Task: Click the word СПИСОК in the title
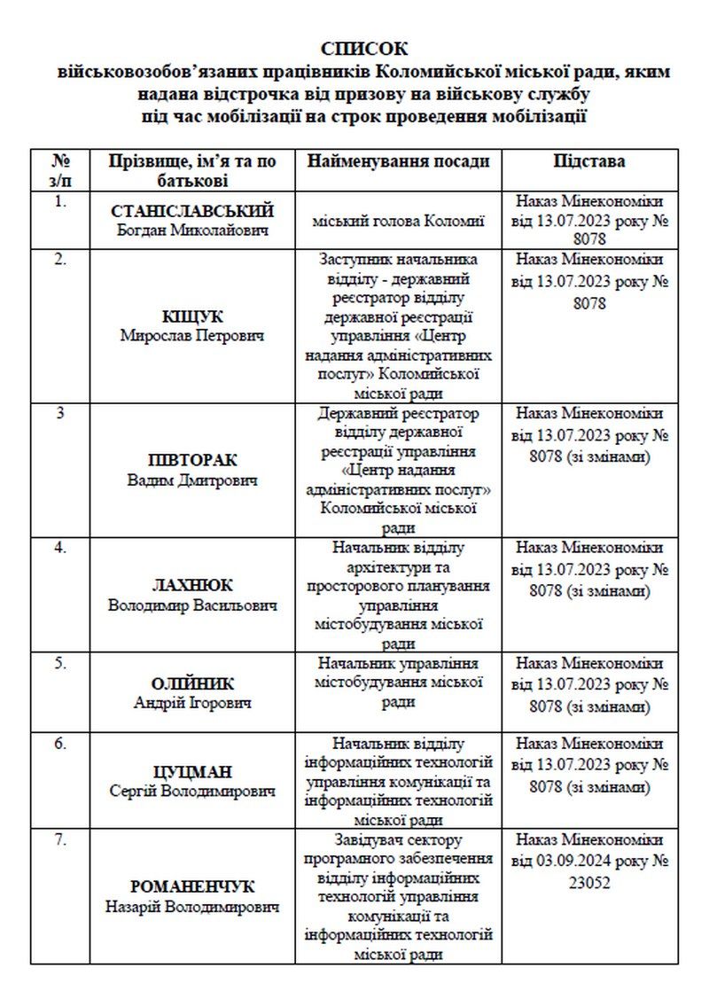point(365,49)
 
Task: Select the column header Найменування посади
point(398,161)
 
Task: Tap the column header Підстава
point(589,161)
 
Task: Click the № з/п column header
point(60,170)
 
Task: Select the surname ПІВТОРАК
point(192,461)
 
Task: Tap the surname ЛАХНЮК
point(192,586)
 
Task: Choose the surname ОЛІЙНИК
point(192,683)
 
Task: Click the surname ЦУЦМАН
point(192,772)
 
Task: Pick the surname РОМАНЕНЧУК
point(192,887)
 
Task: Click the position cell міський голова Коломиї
point(398,221)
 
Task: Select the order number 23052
point(589,883)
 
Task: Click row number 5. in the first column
point(60,662)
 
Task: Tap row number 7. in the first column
point(60,839)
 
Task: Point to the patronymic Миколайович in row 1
point(225,230)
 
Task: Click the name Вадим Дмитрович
point(192,480)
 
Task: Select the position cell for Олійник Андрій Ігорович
point(398,682)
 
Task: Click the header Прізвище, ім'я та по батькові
point(192,170)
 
